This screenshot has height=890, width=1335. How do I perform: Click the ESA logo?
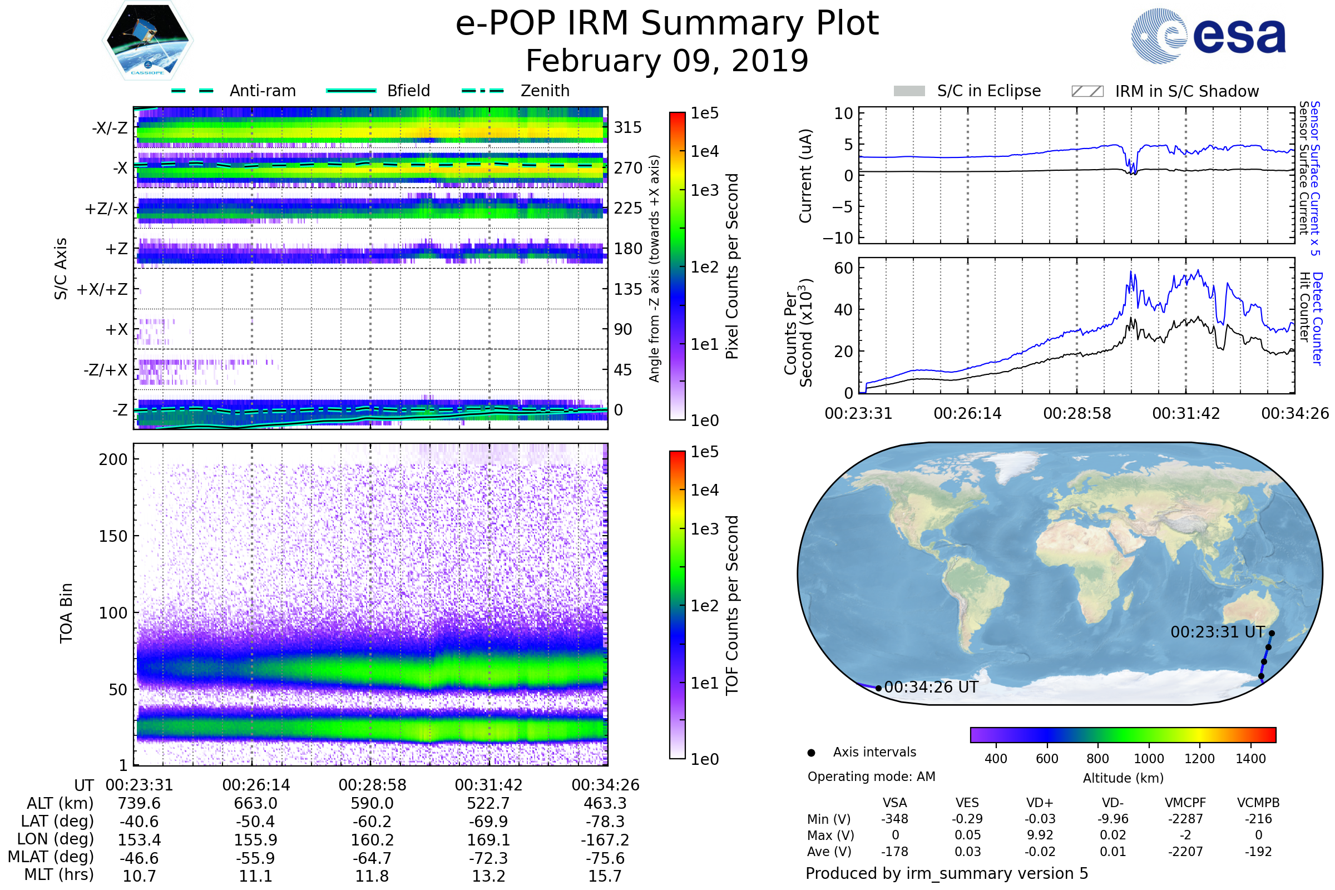pos(1208,36)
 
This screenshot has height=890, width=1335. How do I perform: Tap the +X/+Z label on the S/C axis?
pos(102,289)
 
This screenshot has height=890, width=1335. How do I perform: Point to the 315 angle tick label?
pos(627,127)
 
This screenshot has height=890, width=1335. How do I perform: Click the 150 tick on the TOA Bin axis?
pos(113,536)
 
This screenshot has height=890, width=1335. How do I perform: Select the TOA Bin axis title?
pos(66,612)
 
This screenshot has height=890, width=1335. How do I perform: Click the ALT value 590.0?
pos(372,803)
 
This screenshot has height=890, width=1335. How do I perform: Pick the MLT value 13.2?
pos(488,876)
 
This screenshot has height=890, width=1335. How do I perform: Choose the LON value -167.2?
pos(605,839)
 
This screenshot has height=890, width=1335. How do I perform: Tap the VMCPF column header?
pos(1185,803)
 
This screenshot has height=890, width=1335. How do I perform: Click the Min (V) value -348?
pos(894,819)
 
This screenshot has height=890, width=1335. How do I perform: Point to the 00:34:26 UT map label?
pos(931,688)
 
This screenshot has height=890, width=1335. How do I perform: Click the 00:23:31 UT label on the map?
pos(1218,632)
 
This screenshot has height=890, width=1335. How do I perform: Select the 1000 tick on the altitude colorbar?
pos(1149,759)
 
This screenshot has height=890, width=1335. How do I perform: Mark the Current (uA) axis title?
pos(805,176)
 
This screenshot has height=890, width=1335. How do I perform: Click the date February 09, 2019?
pos(667,61)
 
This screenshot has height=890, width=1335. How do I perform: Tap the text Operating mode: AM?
pos(871,777)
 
